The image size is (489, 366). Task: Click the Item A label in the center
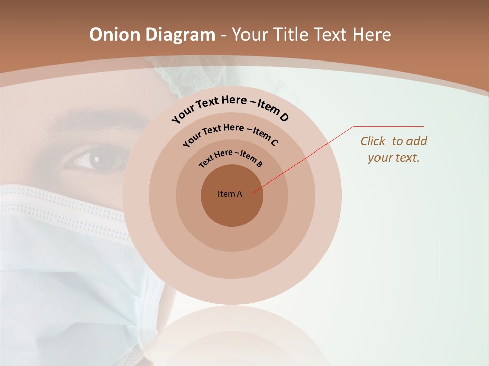230,194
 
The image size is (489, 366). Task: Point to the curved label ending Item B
231,158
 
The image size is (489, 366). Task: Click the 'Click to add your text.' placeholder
394,149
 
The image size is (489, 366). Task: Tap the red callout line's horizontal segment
389,127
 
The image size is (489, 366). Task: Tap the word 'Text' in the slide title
330,35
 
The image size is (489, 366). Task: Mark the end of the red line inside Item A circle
252,193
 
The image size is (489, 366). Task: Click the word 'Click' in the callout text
373,141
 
